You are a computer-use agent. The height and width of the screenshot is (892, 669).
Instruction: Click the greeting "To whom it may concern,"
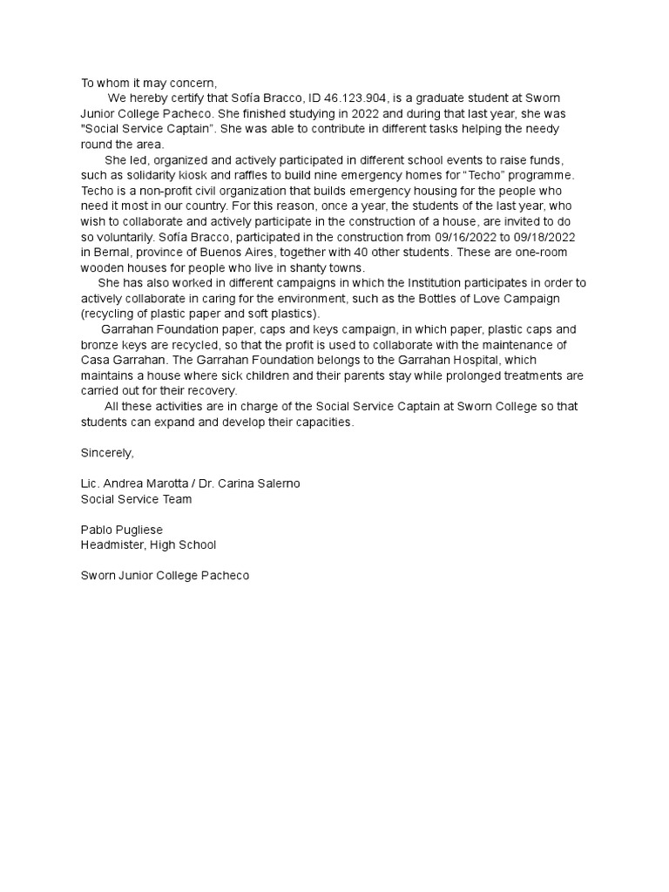coord(148,84)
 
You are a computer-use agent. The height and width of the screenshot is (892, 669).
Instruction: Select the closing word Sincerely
coord(107,452)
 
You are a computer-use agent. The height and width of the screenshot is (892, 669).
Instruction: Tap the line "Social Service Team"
coord(136,498)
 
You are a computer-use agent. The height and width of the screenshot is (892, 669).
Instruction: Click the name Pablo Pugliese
coord(121,530)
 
